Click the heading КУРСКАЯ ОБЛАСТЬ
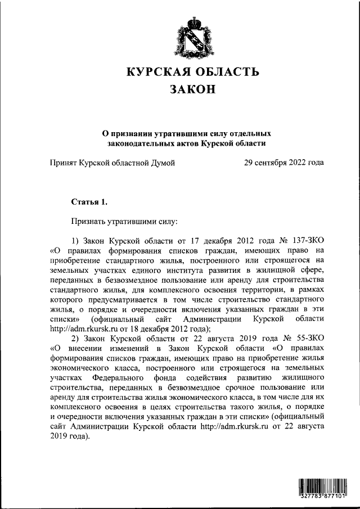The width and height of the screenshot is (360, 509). pos(192,72)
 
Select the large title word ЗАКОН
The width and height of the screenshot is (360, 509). pos(192,90)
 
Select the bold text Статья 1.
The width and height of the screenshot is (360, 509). pos(89,201)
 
